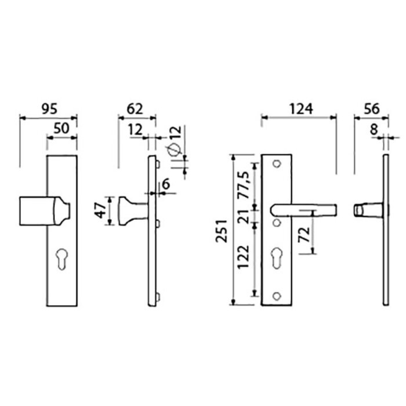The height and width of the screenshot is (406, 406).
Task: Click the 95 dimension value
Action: click(x=49, y=108)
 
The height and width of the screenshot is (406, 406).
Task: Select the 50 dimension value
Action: click(x=61, y=129)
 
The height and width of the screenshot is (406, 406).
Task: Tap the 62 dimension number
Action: click(x=134, y=108)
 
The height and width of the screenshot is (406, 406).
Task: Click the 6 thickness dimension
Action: click(x=166, y=184)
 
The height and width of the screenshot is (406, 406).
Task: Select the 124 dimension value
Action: click(x=301, y=108)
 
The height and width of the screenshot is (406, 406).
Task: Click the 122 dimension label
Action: click(x=244, y=259)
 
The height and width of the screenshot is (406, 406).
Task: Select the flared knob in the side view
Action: click(x=128, y=211)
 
